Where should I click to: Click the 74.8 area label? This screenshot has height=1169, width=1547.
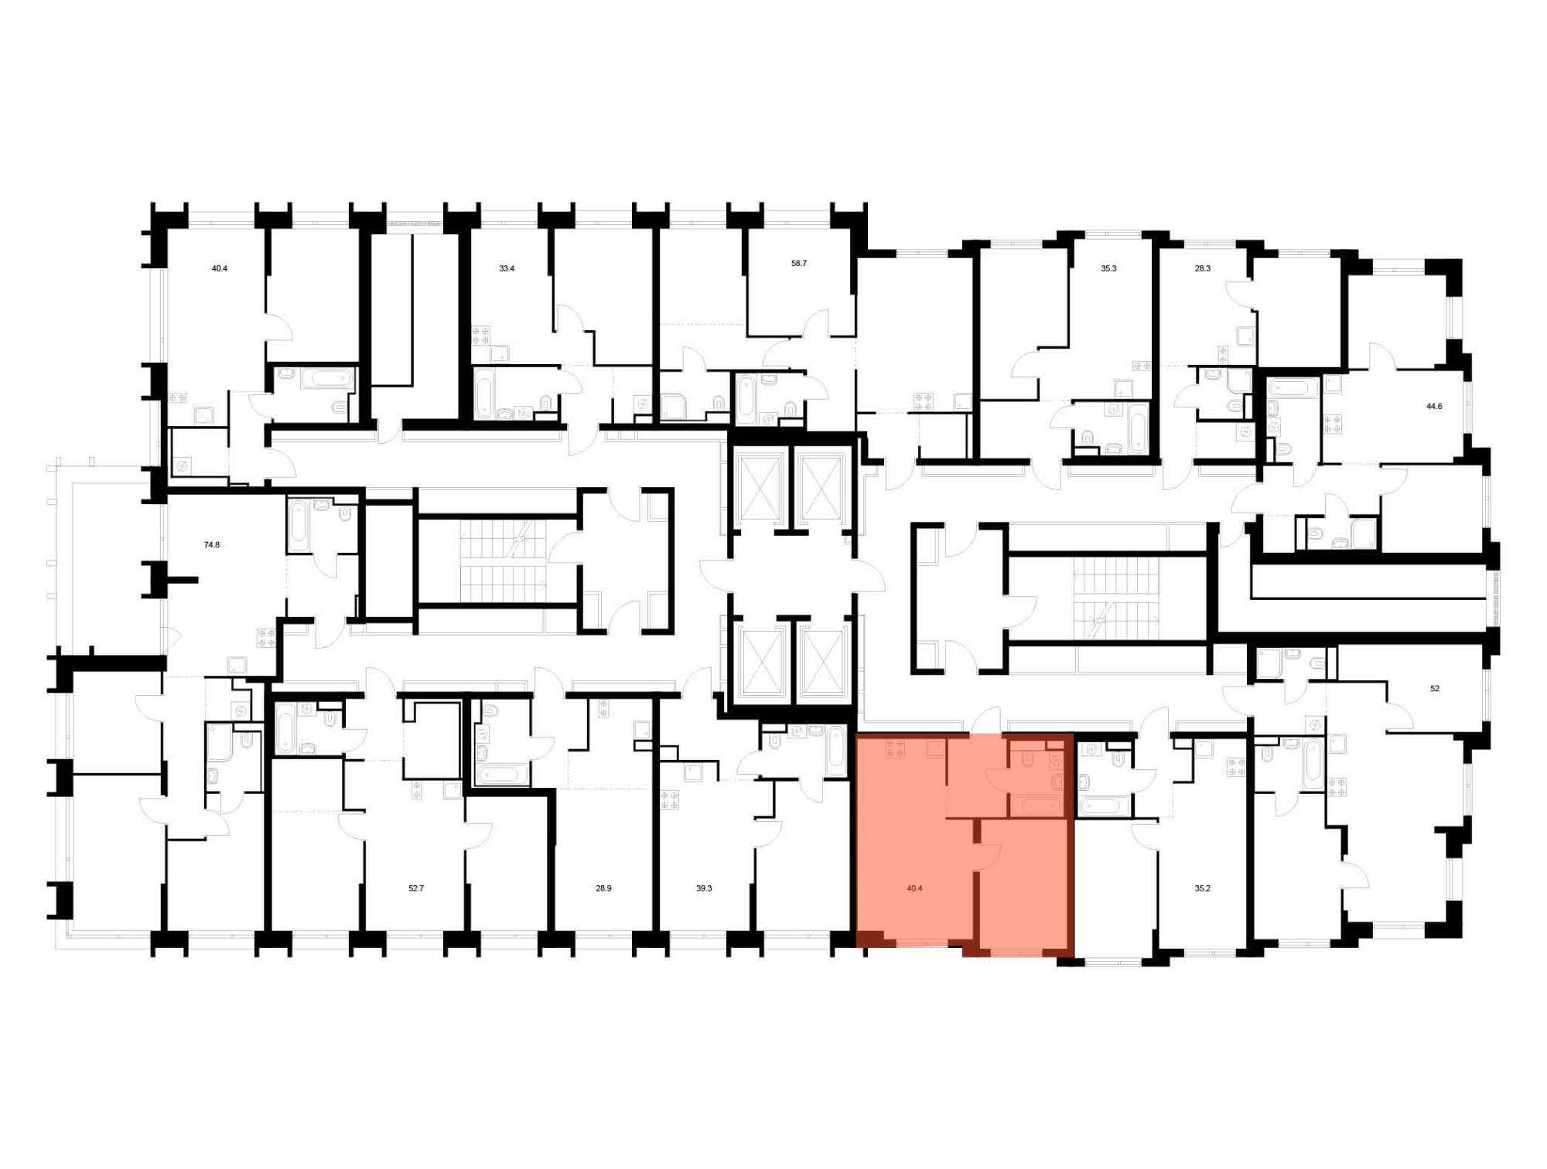pos(212,545)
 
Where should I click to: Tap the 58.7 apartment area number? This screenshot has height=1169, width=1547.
pos(799,264)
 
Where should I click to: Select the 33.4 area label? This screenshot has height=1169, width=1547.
pos(507,269)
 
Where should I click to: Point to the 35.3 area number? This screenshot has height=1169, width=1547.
pos(1108,269)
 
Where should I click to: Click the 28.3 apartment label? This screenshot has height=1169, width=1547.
pos(1203,269)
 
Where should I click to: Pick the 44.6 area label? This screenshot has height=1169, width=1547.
pos(1434,406)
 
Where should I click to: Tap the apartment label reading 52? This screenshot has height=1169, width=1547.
pos(1435,689)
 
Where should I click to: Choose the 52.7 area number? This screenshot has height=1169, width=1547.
pos(416,889)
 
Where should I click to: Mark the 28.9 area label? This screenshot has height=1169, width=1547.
pos(603,889)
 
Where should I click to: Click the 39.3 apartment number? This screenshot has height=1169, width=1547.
pos(704,889)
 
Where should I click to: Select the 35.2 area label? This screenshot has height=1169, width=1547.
pos(1202,889)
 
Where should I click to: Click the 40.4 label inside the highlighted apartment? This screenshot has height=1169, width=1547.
pos(914,889)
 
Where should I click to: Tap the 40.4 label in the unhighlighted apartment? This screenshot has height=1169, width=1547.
pos(220,269)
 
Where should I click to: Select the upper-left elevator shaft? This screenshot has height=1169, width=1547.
pos(760,488)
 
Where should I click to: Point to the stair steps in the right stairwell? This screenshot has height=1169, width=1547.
pos(1115,599)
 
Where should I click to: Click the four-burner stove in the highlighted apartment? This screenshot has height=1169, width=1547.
pos(896,748)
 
